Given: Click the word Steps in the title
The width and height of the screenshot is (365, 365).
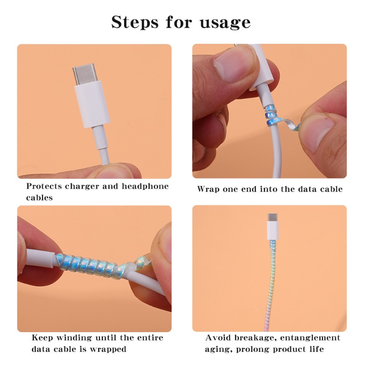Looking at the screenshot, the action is [x=135, y=22].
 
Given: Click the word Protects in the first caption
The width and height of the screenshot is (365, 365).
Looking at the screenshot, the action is [x=44, y=186].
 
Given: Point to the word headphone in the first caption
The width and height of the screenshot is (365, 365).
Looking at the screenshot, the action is [x=145, y=186].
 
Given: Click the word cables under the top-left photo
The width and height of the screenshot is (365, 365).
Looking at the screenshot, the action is [x=39, y=198].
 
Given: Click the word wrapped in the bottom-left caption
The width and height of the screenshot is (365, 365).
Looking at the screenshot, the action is [x=108, y=349].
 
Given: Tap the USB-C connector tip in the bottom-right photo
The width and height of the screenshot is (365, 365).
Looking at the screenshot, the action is [x=272, y=218].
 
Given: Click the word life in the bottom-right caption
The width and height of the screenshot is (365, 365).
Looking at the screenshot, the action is [x=317, y=349].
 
